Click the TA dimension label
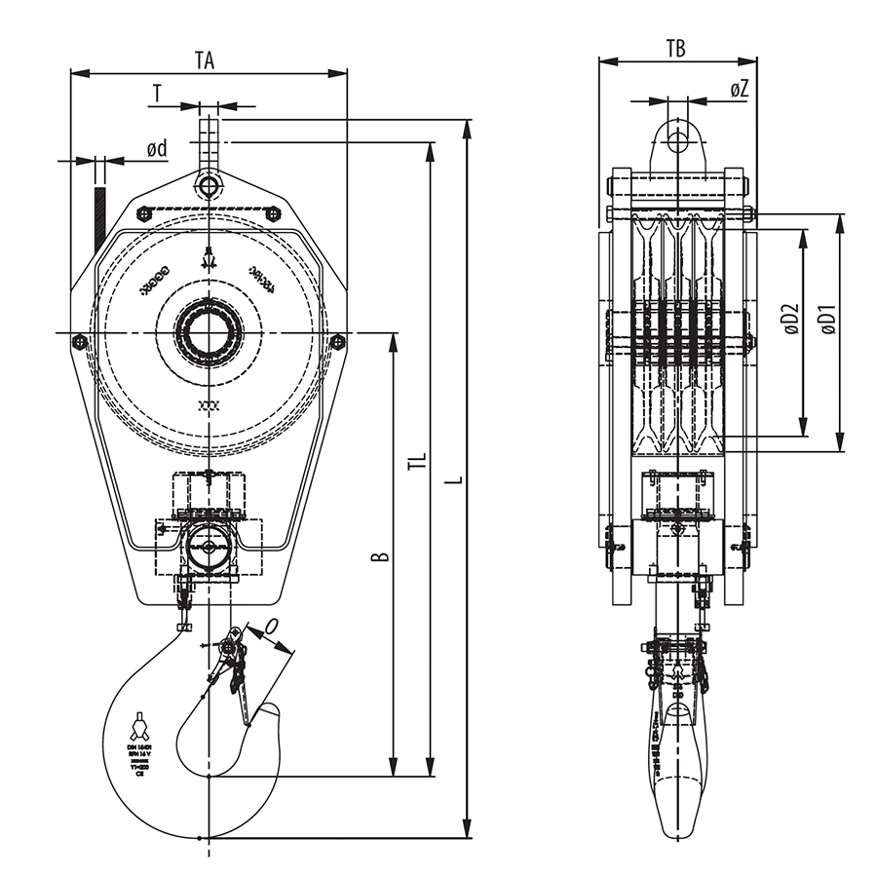coord(204,59)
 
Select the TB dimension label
coord(675,47)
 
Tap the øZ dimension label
coord(739,89)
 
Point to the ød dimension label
coord(156,148)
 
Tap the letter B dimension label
coord(382,556)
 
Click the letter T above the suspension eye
coord(157,93)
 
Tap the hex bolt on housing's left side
coord(80,341)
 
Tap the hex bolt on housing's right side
coord(337,341)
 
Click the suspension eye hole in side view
coord(676,143)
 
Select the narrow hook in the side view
coord(676,770)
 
